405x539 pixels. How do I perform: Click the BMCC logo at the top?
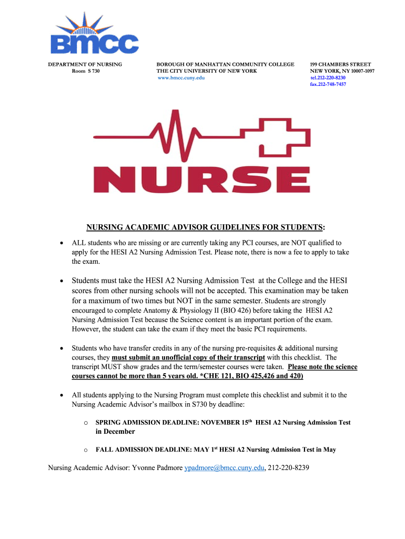pyautogui.click(x=94, y=37)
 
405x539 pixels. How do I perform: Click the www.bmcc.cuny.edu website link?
pyautogui.click(x=181, y=78)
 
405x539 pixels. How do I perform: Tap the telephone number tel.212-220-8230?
pyautogui.click(x=328, y=78)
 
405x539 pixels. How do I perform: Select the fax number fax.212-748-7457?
pyautogui.click(x=328, y=84)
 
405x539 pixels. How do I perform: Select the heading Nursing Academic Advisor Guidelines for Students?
pyautogui.click(x=205, y=227)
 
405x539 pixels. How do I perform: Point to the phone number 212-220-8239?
pyautogui.click(x=288, y=467)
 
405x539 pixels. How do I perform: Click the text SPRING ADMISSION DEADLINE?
pyautogui.click(x=147, y=423)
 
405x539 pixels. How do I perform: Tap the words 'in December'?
pyautogui.click(x=115, y=432)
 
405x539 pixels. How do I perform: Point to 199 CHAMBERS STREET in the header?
pyautogui.click(x=340, y=64)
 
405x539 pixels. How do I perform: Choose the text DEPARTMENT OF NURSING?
pyautogui.click(x=85, y=64)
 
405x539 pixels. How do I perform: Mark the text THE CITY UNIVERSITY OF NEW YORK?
pyautogui.click(x=207, y=71)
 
